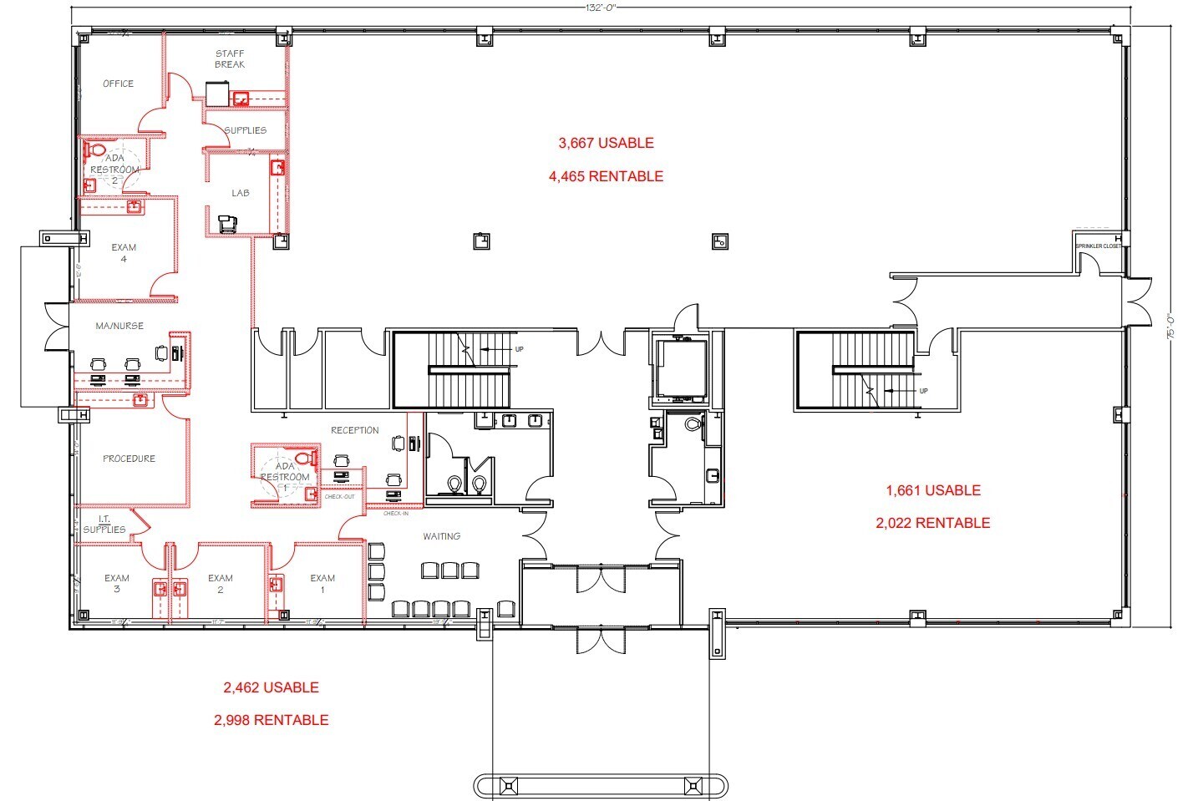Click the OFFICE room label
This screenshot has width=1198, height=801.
click(x=118, y=84)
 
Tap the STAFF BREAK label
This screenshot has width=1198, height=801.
click(x=230, y=59)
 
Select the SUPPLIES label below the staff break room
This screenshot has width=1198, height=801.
click(x=245, y=130)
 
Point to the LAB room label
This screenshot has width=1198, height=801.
click(x=241, y=193)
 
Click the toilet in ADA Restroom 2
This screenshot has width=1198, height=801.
click(x=96, y=150)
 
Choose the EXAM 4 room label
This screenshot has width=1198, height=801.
click(x=124, y=253)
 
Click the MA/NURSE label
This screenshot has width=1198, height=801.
click(x=119, y=326)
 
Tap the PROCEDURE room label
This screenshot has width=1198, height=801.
click(x=129, y=459)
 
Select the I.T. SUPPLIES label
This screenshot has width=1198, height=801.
click(x=104, y=525)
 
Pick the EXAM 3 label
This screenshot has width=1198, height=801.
click(x=117, y=583)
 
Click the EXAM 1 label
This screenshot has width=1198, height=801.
click(x=322, y=583)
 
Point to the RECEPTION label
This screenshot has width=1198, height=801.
click(x=355, y=430)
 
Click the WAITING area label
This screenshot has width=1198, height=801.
click(x=441, y=536)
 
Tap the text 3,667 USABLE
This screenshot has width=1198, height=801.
click(x=606, y=143)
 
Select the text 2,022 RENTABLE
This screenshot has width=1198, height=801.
click(x=932, y=523)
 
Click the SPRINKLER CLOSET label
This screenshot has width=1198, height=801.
click(x=1099, y=246)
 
